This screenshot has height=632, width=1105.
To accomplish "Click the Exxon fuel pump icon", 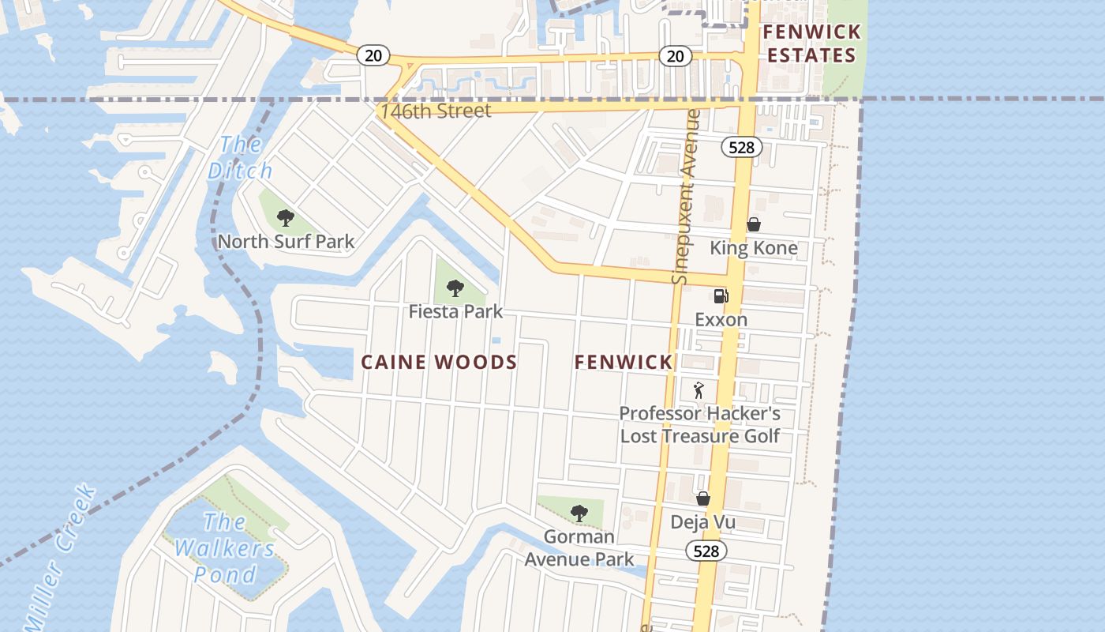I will (721, 296).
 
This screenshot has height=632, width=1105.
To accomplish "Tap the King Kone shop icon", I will (754, 224).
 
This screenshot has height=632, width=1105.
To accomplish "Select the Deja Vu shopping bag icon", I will (702, 498).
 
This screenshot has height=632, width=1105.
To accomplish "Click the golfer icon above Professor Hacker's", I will (698, 389).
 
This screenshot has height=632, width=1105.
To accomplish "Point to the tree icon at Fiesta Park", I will (455, 288).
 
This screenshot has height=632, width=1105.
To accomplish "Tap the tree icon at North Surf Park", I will (286, 217).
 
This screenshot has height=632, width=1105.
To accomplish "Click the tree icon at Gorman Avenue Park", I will (579, 513).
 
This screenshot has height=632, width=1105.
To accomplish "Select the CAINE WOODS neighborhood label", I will (439, 363).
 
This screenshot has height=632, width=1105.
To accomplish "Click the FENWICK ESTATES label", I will (811, 44).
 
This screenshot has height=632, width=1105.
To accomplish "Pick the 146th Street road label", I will (436, 111).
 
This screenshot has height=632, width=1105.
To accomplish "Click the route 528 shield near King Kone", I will (741, 147).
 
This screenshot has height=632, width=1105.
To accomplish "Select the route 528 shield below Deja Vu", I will (706, 551).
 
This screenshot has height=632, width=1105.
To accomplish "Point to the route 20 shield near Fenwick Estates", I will (675, 56).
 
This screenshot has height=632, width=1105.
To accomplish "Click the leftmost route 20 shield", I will (373, 55).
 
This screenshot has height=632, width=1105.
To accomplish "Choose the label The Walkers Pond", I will (225, 547).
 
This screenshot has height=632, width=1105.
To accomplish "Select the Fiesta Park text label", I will (455, 312).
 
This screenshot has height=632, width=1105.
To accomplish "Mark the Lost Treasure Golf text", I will (699, 436).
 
